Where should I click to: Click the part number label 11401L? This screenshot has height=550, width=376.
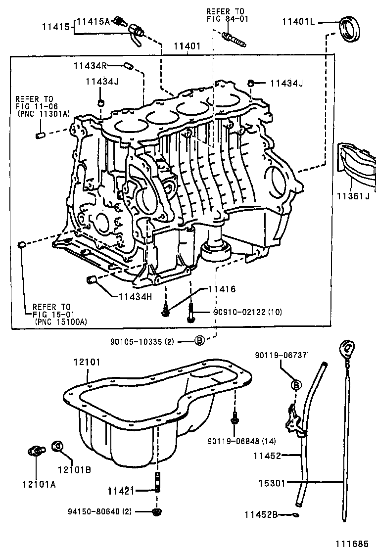pyautogui.click(x=299, y=22)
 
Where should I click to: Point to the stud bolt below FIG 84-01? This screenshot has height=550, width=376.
pyautogui.click(x=234, y=37)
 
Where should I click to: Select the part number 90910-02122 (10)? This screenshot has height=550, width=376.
pyautogui.click(x=247, y=312)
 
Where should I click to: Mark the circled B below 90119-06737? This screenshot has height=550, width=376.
pyautogui.click(x=295, y=384)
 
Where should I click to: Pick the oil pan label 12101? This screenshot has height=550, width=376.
pyautogui.click(x=87, y=363)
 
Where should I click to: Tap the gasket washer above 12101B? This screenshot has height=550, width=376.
pyautogui.click(x=57, y=446)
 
